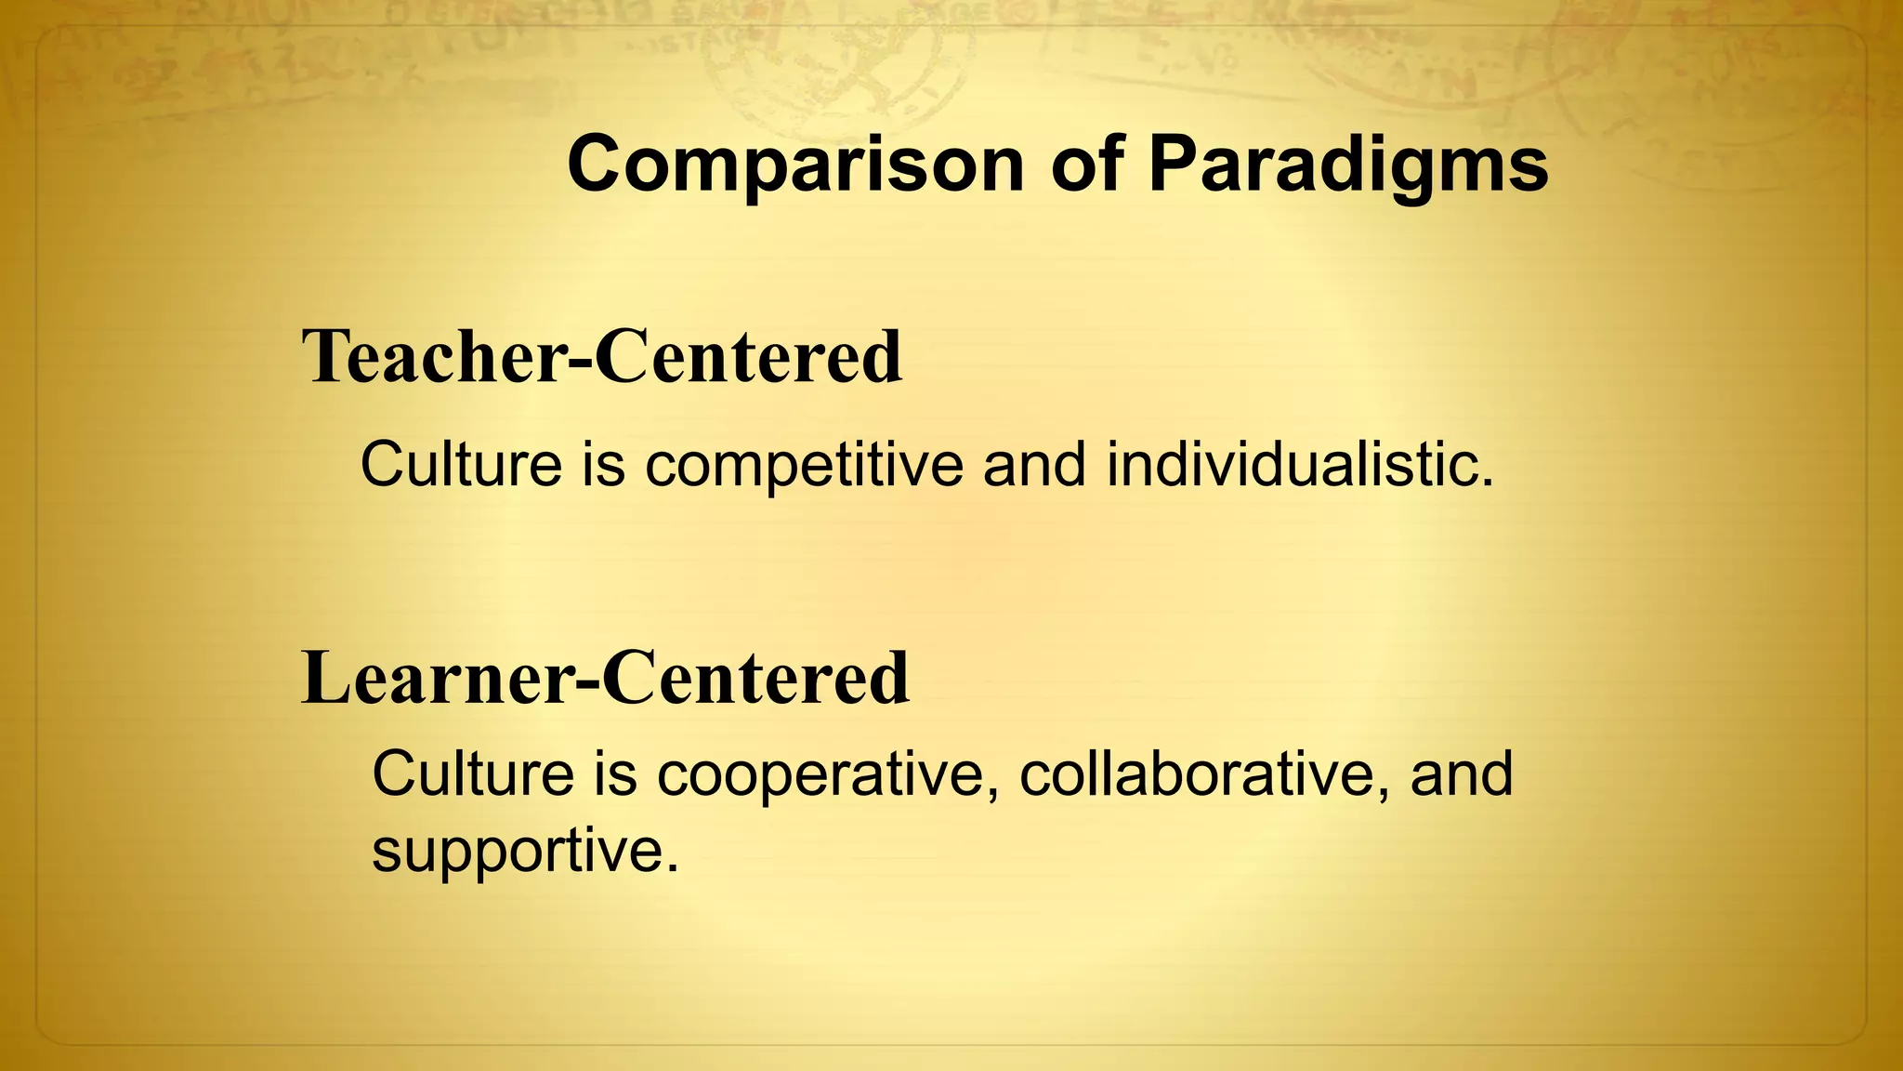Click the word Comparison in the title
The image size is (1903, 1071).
coord(794,165)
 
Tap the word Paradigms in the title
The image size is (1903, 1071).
coord(1348,165)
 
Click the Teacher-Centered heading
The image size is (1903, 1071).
coord(602,357)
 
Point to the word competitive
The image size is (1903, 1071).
coord(804,465)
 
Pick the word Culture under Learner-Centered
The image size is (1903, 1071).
coord(473,774)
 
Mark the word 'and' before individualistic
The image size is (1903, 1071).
coord(1034,465)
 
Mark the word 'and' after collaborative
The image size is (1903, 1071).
coord(1462,774)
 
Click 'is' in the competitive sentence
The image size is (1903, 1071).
coord(604,465)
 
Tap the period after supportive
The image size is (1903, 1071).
coord(673,870)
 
